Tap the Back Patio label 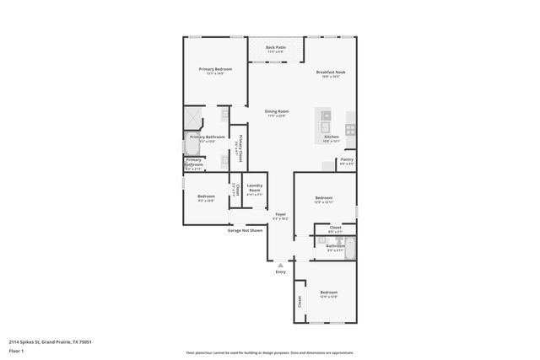(x=276, y=47)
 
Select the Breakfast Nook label (x=331, y=73)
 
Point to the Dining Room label (x=277, y=111)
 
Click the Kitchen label (x=332, y=137)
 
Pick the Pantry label (x=347, y=159)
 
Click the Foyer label (x=280, y=214)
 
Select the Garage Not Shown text (x=245, y=229)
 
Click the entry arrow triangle (x=281, y=265)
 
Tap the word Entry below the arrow (x=281, y=272)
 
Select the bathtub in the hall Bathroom (x=351, y=248)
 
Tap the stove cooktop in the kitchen (x=351, y=130)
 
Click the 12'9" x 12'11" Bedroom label (x=324, y=199)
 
